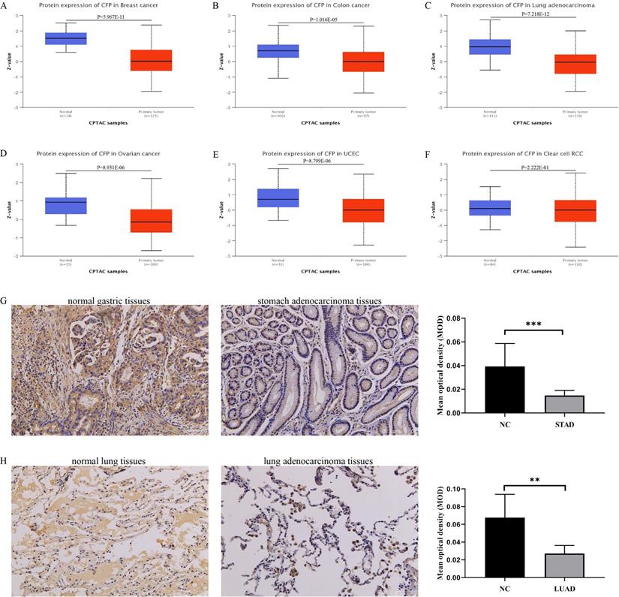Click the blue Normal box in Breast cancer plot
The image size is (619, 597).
click(x=66, y=38)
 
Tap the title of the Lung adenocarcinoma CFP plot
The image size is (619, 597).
click(x=527, y=6)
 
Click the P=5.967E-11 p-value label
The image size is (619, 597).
click(x=108, y=16)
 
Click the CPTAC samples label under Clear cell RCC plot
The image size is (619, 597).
click(x=526, y=271)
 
